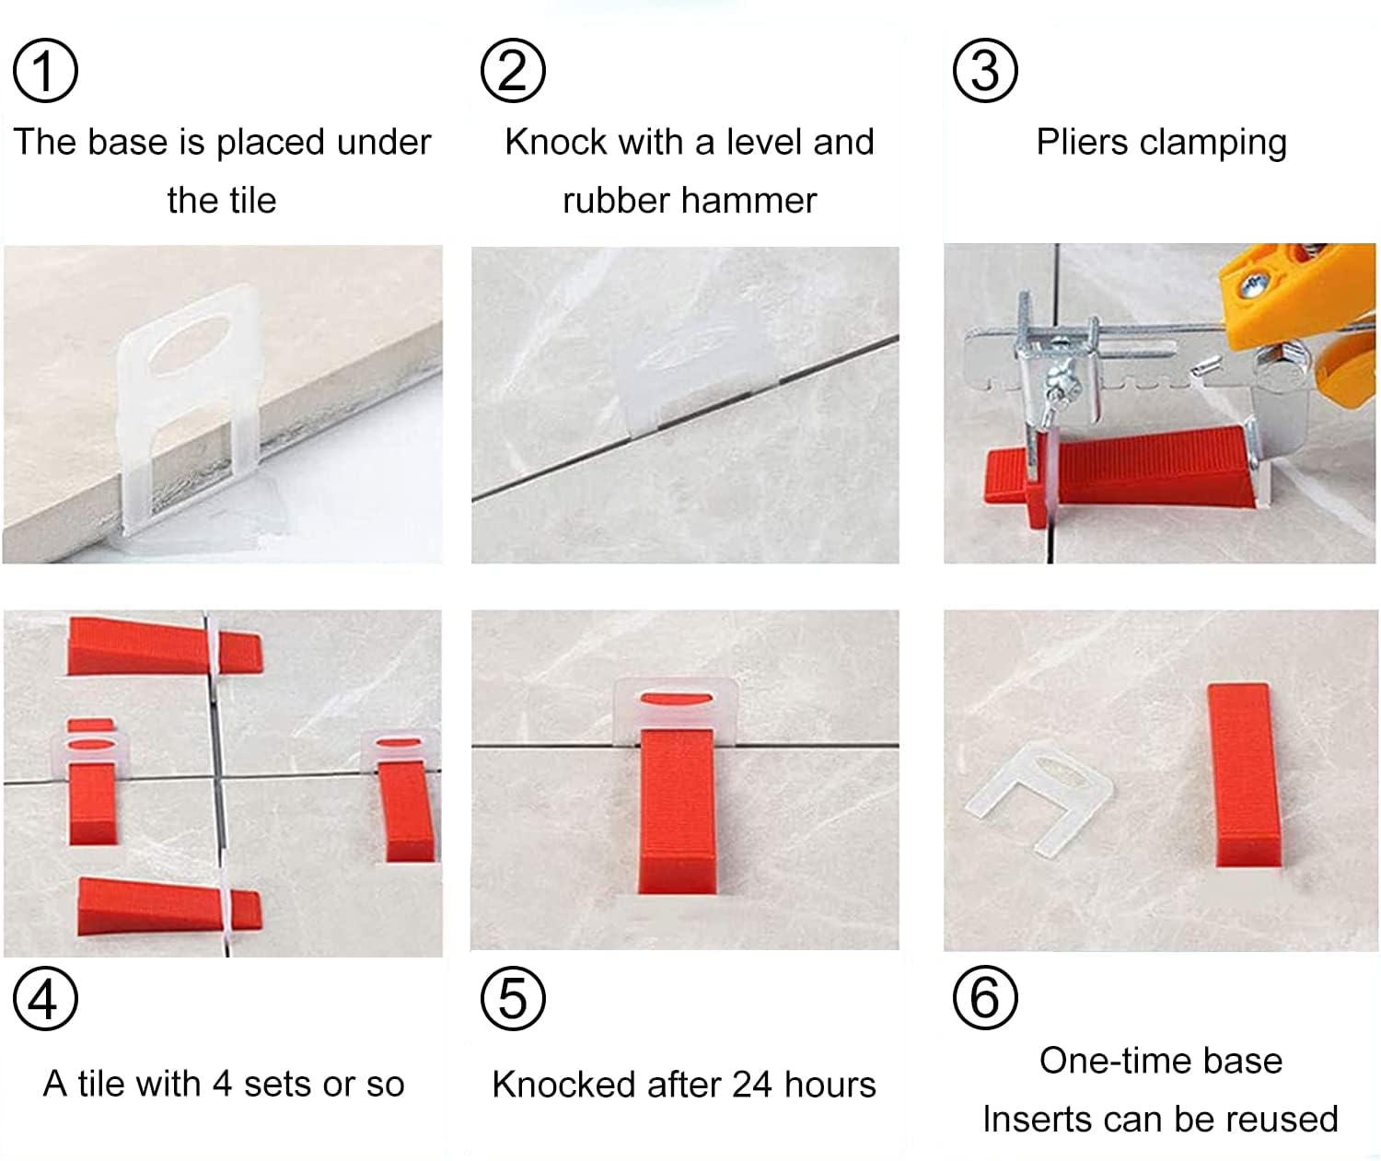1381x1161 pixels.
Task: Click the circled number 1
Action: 45,71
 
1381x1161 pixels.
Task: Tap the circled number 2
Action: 513,71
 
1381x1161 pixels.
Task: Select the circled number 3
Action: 985,71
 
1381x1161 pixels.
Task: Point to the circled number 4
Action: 45,998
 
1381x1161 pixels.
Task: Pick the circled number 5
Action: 513,998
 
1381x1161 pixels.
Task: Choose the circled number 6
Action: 985,997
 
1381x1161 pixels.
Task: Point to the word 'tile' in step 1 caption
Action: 249,201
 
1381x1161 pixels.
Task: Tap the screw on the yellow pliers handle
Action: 1253,286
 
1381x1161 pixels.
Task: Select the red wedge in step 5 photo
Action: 677,810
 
